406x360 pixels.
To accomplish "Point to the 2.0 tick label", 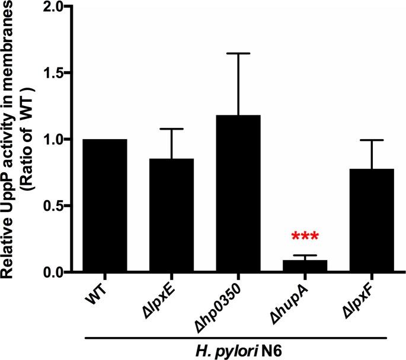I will (x=56, y=7).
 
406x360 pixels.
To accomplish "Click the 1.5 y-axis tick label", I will (x=56, y=73).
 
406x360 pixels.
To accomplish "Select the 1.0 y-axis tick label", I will (x=56, y=140).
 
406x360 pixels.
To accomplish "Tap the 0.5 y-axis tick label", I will (x=56, y=206).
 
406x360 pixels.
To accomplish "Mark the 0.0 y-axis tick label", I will (x=56, y=272).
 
